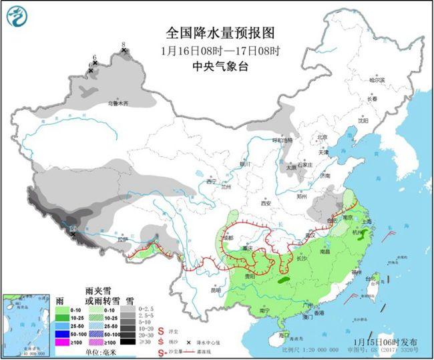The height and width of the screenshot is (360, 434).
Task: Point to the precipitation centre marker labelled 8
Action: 124,51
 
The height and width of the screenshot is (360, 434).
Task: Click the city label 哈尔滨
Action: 378,79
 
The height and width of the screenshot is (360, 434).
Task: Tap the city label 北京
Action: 322,138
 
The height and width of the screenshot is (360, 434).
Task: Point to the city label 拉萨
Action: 121,239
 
